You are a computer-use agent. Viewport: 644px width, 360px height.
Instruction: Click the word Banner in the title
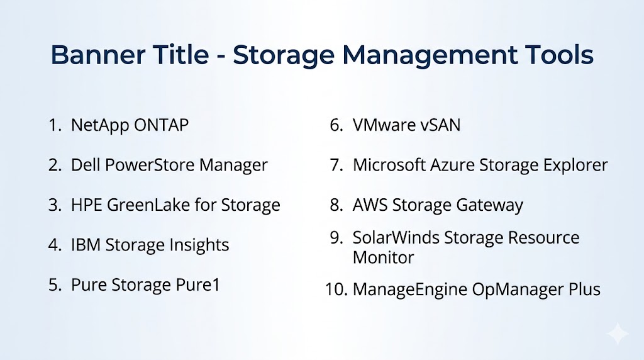click(97, 55)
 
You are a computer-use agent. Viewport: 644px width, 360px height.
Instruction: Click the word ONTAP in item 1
click(161, 125)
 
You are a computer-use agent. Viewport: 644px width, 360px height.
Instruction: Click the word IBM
click(86, 245)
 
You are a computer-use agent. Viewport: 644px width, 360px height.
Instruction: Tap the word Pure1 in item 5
click(197, 284)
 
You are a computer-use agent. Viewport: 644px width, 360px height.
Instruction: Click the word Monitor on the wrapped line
click(383, 257)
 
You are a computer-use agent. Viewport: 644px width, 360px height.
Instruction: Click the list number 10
click(336, 290)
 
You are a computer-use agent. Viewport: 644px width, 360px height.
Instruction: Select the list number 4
click(55, 245)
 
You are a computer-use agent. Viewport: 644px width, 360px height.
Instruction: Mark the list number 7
click(337, 165)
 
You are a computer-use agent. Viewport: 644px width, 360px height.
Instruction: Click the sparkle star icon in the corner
click(618, 334)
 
